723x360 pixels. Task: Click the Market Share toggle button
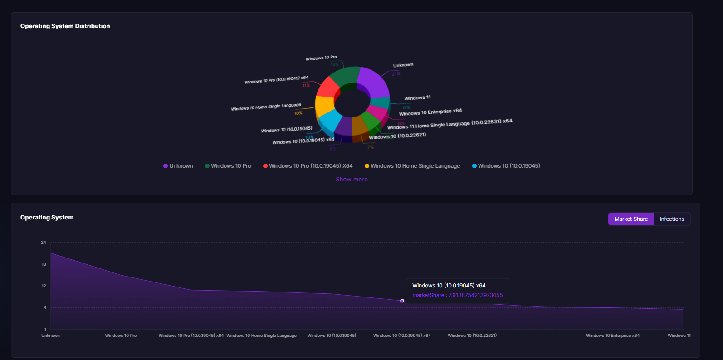631,219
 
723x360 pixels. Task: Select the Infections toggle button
672,219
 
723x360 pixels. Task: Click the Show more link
352,180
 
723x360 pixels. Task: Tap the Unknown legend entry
178,166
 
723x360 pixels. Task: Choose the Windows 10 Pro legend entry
228,166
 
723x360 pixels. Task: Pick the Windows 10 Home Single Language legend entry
412,166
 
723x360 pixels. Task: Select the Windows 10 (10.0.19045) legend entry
506,166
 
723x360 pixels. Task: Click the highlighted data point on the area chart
402,301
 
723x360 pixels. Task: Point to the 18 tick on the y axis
44,264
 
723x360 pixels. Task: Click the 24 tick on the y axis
44,243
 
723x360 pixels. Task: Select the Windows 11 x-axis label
679,336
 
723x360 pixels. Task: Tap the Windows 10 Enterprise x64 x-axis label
612,336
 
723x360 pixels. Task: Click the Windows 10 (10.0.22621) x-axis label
472,336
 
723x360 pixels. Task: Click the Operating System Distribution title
65,26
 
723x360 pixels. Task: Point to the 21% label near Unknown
396,74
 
